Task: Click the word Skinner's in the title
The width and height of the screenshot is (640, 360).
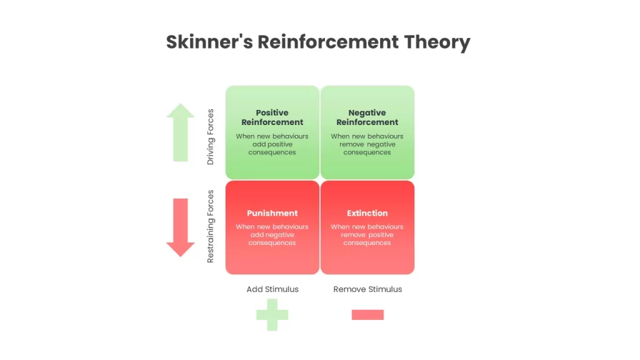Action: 209,42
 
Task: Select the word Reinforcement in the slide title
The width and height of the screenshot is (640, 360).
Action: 328,42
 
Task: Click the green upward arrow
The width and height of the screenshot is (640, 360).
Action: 181,132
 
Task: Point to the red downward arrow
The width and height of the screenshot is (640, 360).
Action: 181,227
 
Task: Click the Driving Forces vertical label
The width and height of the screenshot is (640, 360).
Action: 211,137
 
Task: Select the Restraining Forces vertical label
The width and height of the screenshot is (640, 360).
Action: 211,226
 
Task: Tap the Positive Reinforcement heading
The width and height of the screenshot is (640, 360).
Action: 272,117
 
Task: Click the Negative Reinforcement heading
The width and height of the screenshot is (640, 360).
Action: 367,117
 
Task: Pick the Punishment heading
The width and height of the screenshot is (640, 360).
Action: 272,213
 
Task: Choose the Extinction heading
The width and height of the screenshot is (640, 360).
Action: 367,213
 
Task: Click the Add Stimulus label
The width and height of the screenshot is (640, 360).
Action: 272,289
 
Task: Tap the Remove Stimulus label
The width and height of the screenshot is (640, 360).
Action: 367,289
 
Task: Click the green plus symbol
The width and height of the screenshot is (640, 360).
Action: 272,315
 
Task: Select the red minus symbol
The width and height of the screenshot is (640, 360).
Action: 367,315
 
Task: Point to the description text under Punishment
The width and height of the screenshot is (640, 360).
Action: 272,235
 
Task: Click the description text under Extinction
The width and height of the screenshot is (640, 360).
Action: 367,235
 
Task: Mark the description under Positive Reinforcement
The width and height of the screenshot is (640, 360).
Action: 272,144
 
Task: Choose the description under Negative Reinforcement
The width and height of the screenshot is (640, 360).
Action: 367,144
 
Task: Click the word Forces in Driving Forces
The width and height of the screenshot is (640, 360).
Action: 211,122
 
